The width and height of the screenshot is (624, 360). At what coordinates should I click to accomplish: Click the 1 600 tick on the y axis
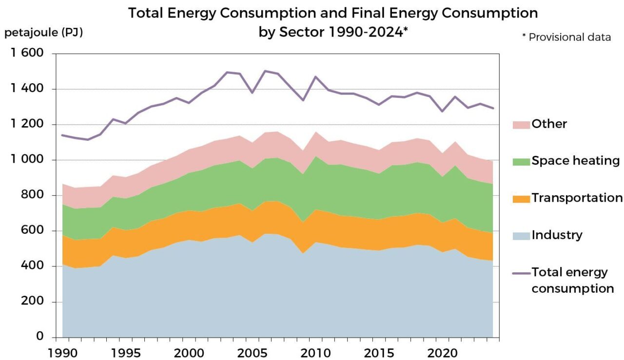pyautogui.click(x=28, y=53)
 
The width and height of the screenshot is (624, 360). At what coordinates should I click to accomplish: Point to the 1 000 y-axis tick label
pyautogui.click(x=28, y=160)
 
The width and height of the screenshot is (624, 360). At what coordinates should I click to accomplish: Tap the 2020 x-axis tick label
pyautogui.click(x=442, y=352)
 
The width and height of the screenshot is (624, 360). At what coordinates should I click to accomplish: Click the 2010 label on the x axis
pyautogui.click(x=315, y=352)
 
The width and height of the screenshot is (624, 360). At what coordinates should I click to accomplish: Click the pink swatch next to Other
pyautogui.click(x=521, y=124)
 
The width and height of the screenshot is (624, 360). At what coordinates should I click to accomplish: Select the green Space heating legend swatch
pyautogui.click(x=521, y=161)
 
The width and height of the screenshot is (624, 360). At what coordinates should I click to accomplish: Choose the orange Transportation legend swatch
pyautogui.click(x=521, y=198)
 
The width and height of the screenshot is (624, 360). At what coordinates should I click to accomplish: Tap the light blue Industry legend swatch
pyautogui.click(x=521, y=235)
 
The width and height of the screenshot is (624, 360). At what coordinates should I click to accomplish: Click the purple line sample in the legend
pyautogui.click(x=521, y=273)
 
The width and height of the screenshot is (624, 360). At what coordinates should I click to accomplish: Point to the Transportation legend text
pyautogui.click(x=577, y=198)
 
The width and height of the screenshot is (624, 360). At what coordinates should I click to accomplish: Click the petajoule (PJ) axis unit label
pyautogui.click(x=43, y=33)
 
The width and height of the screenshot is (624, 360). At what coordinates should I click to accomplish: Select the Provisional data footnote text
pyautogui.click(x=569, y=37)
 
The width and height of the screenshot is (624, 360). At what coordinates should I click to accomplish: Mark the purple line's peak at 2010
pyautogui.click(x=315, y=76)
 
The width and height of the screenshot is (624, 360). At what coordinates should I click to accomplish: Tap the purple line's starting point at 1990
pyautogui.click(x=62, y=135)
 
